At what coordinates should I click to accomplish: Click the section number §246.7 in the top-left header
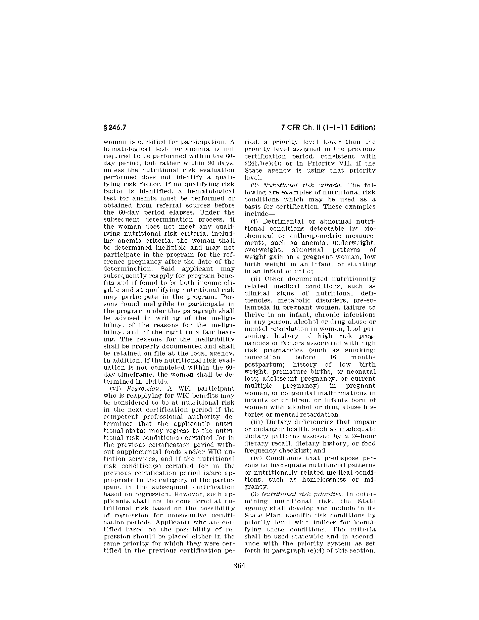pos(116,128)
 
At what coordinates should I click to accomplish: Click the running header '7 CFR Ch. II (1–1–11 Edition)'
pos(328,128)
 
